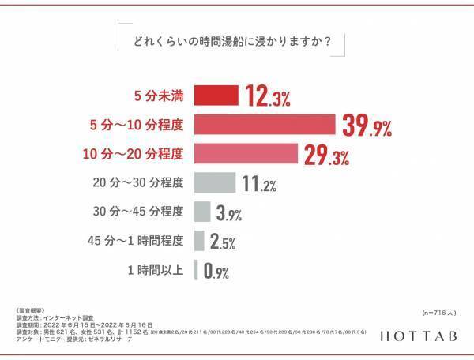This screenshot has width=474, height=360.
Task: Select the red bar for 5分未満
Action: [x=216, y=96]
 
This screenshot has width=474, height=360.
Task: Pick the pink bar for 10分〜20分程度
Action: [x=244, y=153]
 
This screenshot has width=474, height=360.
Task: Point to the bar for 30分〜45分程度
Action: [x=201, y=212]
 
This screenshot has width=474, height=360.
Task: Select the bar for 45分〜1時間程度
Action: [x=198, y=240]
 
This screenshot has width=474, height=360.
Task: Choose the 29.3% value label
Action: [x=325, y=155]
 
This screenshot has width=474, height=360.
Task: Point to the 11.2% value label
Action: [x=258, y=184]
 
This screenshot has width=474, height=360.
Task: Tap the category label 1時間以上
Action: [x=156, y=270]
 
